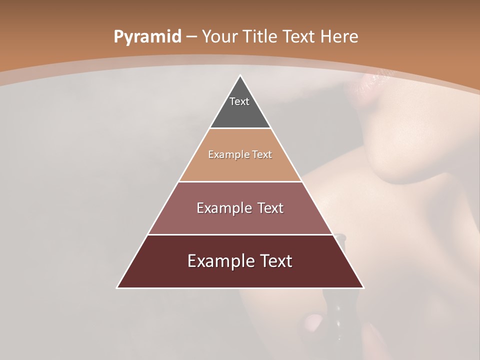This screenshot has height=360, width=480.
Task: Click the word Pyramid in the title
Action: coord(147,37)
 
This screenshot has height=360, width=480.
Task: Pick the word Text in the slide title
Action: coord(300,37)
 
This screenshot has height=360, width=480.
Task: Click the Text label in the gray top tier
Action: coord(239,101)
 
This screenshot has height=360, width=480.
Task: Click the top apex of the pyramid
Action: coord(240,76)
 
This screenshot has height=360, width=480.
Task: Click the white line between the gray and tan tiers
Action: coord(240,128)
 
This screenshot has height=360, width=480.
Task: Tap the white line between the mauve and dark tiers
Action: coord(240,234)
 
